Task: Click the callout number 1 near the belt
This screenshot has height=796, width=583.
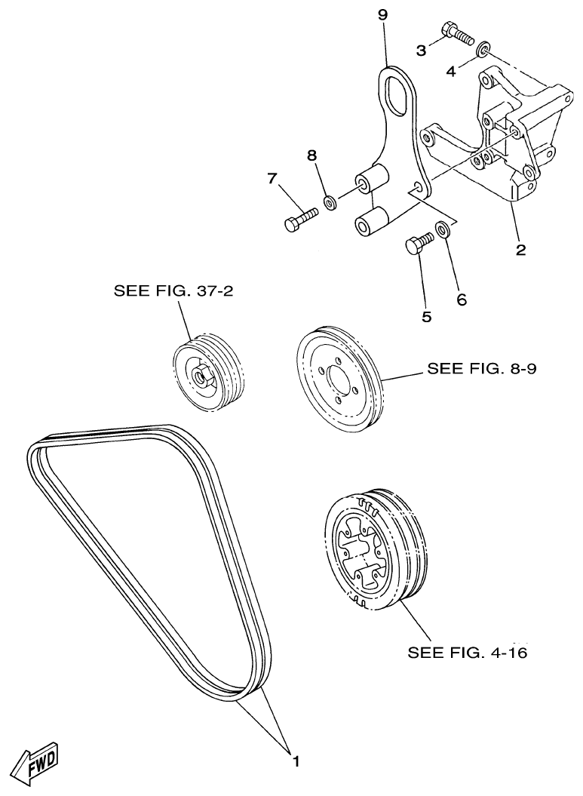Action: (296, 762)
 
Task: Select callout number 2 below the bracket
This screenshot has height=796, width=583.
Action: (520, 250)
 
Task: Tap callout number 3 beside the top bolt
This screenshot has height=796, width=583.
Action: (421, 50)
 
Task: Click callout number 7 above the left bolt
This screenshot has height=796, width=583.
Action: (273, 179)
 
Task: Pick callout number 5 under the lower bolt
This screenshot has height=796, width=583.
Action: (426, 317)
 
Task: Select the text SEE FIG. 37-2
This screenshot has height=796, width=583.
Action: (173, 290)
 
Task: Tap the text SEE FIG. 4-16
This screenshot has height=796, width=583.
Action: (467, 651)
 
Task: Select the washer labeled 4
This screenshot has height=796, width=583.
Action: (483, 51)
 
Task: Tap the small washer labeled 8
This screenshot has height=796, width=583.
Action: (330, 201)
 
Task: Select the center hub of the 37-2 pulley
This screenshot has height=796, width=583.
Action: (201, 373)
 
